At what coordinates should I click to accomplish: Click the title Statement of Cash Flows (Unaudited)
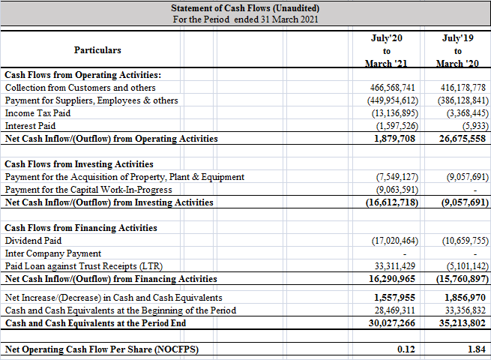(245, 8)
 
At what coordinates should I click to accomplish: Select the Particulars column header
(97, 50)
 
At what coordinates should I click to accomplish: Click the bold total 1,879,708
(395, 139)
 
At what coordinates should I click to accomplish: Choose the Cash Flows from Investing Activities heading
(79, 164)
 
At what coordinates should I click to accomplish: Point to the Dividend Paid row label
(33, 241)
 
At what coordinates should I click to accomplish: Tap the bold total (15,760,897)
(459, 279)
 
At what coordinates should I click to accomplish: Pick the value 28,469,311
(392, 310)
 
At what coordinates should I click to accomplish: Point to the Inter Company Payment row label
(52, 253)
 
